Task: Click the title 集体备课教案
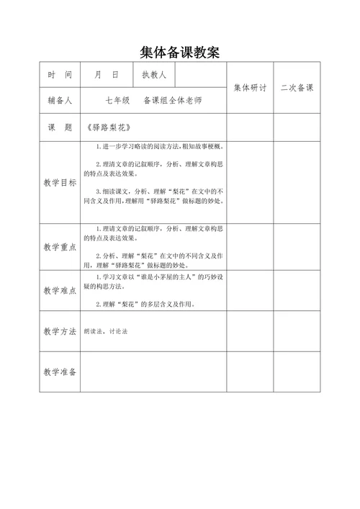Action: (x=179, y=53)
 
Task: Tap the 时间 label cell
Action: (x=60, y=75)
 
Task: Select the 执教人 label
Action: (x=154, y=75)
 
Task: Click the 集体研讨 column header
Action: (x=250, y=88)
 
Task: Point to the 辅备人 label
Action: (x=60, y=100)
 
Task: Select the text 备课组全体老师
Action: (x=173, y=100)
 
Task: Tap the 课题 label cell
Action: (x=60, y=127)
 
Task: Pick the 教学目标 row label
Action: (x=60, y=182)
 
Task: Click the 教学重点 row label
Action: (x=60, y=247)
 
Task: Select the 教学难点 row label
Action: (x=60, y=290)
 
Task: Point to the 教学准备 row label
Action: (x=60, y=371)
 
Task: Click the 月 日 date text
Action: (x=106, y=75)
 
